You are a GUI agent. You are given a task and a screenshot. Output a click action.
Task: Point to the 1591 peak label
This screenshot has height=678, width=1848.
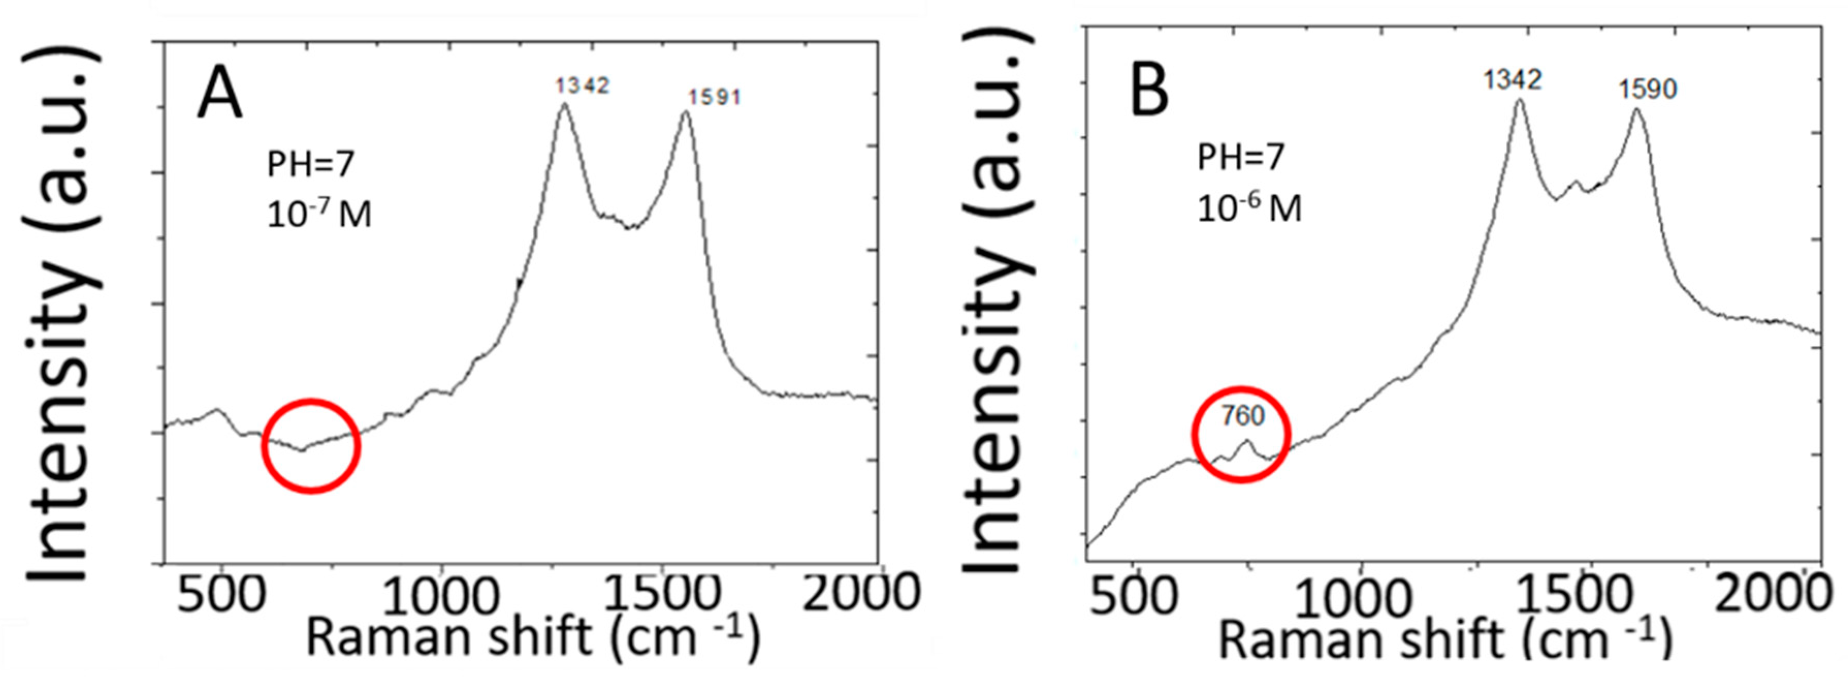(x=714, y=97)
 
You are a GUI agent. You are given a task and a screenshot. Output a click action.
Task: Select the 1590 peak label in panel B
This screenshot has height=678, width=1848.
(x=1647, y=90)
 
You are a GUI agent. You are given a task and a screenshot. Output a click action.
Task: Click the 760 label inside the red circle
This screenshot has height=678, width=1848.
(x=1243, y=416)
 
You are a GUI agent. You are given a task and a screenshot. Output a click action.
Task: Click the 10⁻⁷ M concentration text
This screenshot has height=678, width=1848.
(x=319, y=214)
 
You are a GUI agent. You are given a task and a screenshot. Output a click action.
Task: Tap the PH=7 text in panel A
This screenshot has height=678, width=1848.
(x=311, y=165)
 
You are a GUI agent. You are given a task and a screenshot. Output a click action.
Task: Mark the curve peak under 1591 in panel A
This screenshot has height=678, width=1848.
(x=686, y=112)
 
